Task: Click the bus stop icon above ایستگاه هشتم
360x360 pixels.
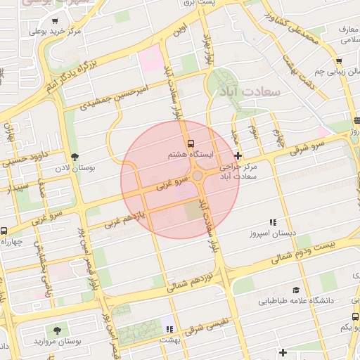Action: [x=193, y=144]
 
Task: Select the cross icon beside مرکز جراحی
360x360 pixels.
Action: [x=238, y=155]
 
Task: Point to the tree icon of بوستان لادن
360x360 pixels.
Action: [x=75, y=157]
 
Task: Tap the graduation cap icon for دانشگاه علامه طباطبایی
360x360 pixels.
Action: [x=296, y=289]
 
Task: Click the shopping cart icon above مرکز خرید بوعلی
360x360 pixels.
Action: [x=56, y=20]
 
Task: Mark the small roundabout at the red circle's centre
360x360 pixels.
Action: [x=198, y=176]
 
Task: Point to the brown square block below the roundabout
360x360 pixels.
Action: [x=192, y=210]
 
